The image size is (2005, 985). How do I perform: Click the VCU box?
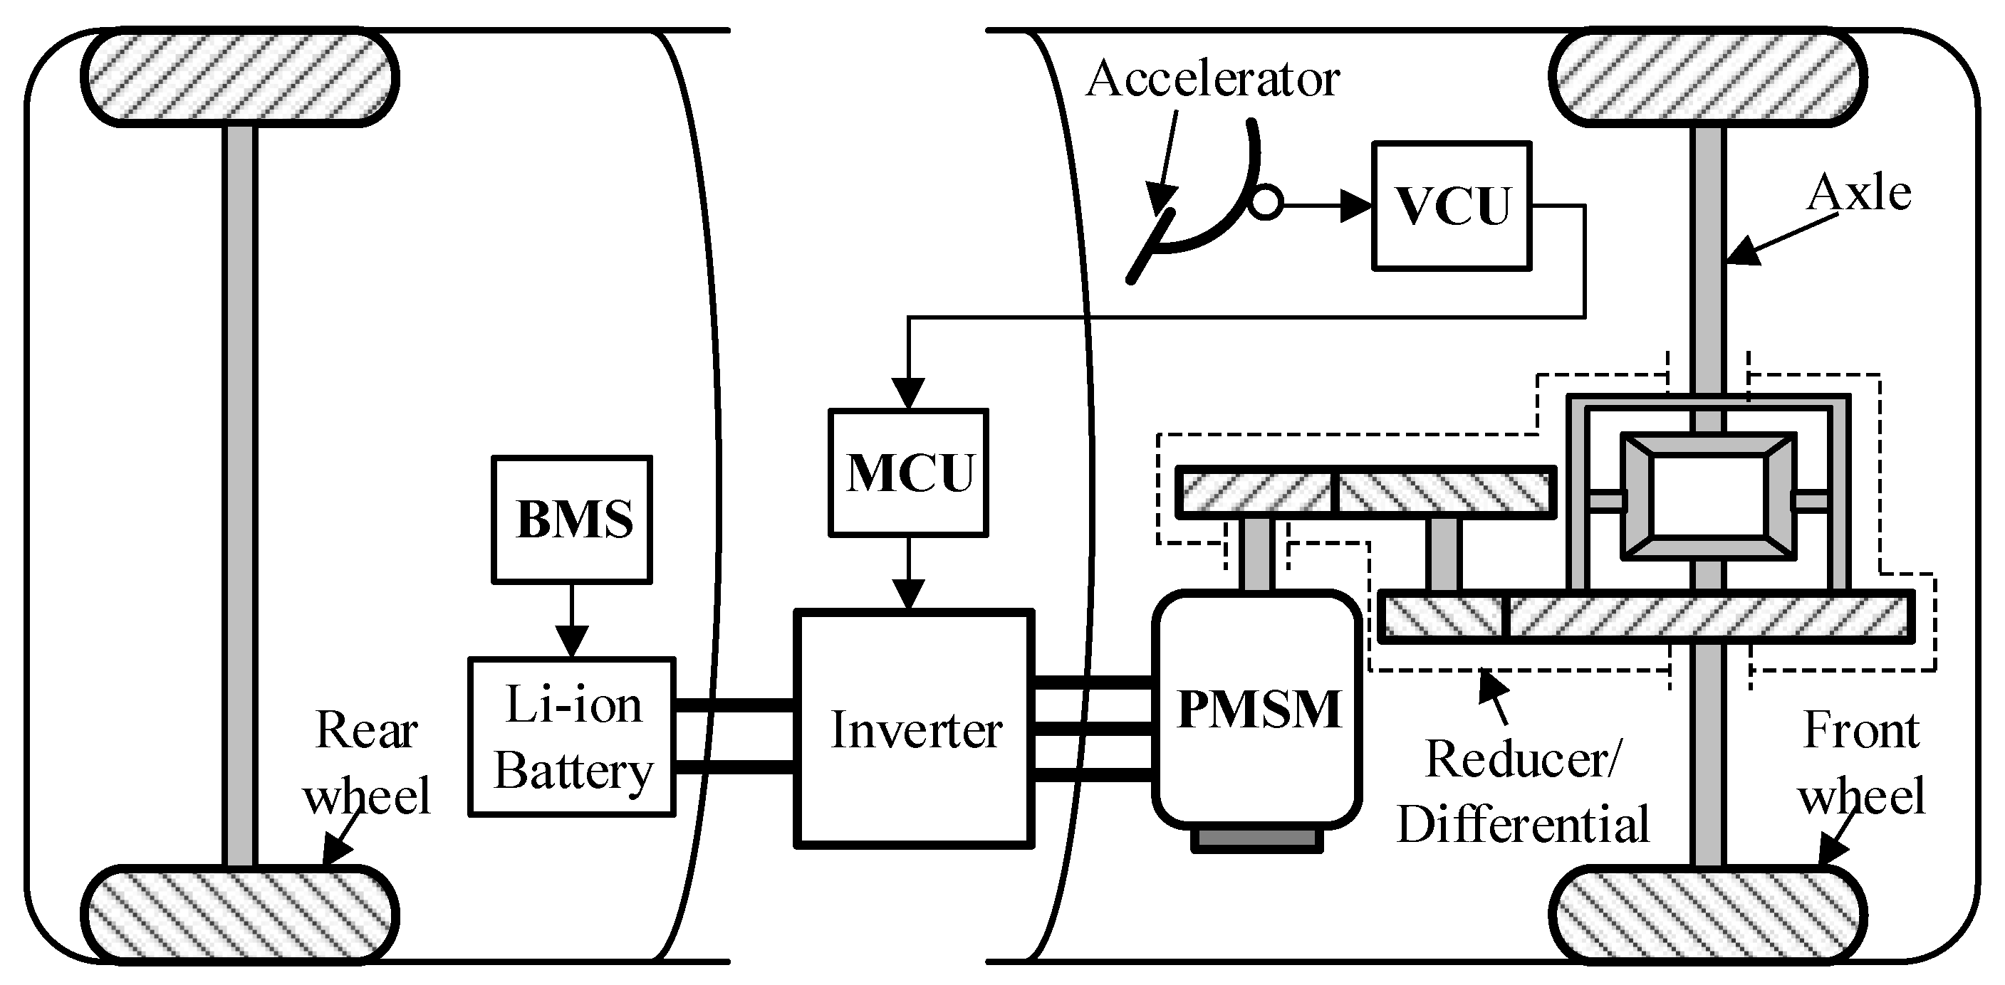tap(1452, 206)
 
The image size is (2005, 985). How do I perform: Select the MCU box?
tap(908, 473)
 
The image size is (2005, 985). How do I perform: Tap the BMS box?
tap(572, 519)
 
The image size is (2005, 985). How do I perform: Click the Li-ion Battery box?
tap(572, 737)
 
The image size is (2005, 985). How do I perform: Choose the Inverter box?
tap(915, 729)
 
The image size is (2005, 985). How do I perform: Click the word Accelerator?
tap(1213, 80)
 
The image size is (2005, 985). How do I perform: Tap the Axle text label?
tap(1859, 192)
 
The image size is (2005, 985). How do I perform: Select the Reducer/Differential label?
tap(1522, 791)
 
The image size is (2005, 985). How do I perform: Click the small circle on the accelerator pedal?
tap(1266, 205)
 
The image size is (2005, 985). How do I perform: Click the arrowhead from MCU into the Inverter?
tap(908, 595)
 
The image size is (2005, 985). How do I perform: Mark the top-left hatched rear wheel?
tap(240, 78)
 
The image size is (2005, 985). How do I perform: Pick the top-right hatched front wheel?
tap(1708, 78)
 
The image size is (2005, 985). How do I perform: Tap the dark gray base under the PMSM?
tap(1256, 841)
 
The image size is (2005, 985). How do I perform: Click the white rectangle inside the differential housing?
tap(1708, 495)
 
